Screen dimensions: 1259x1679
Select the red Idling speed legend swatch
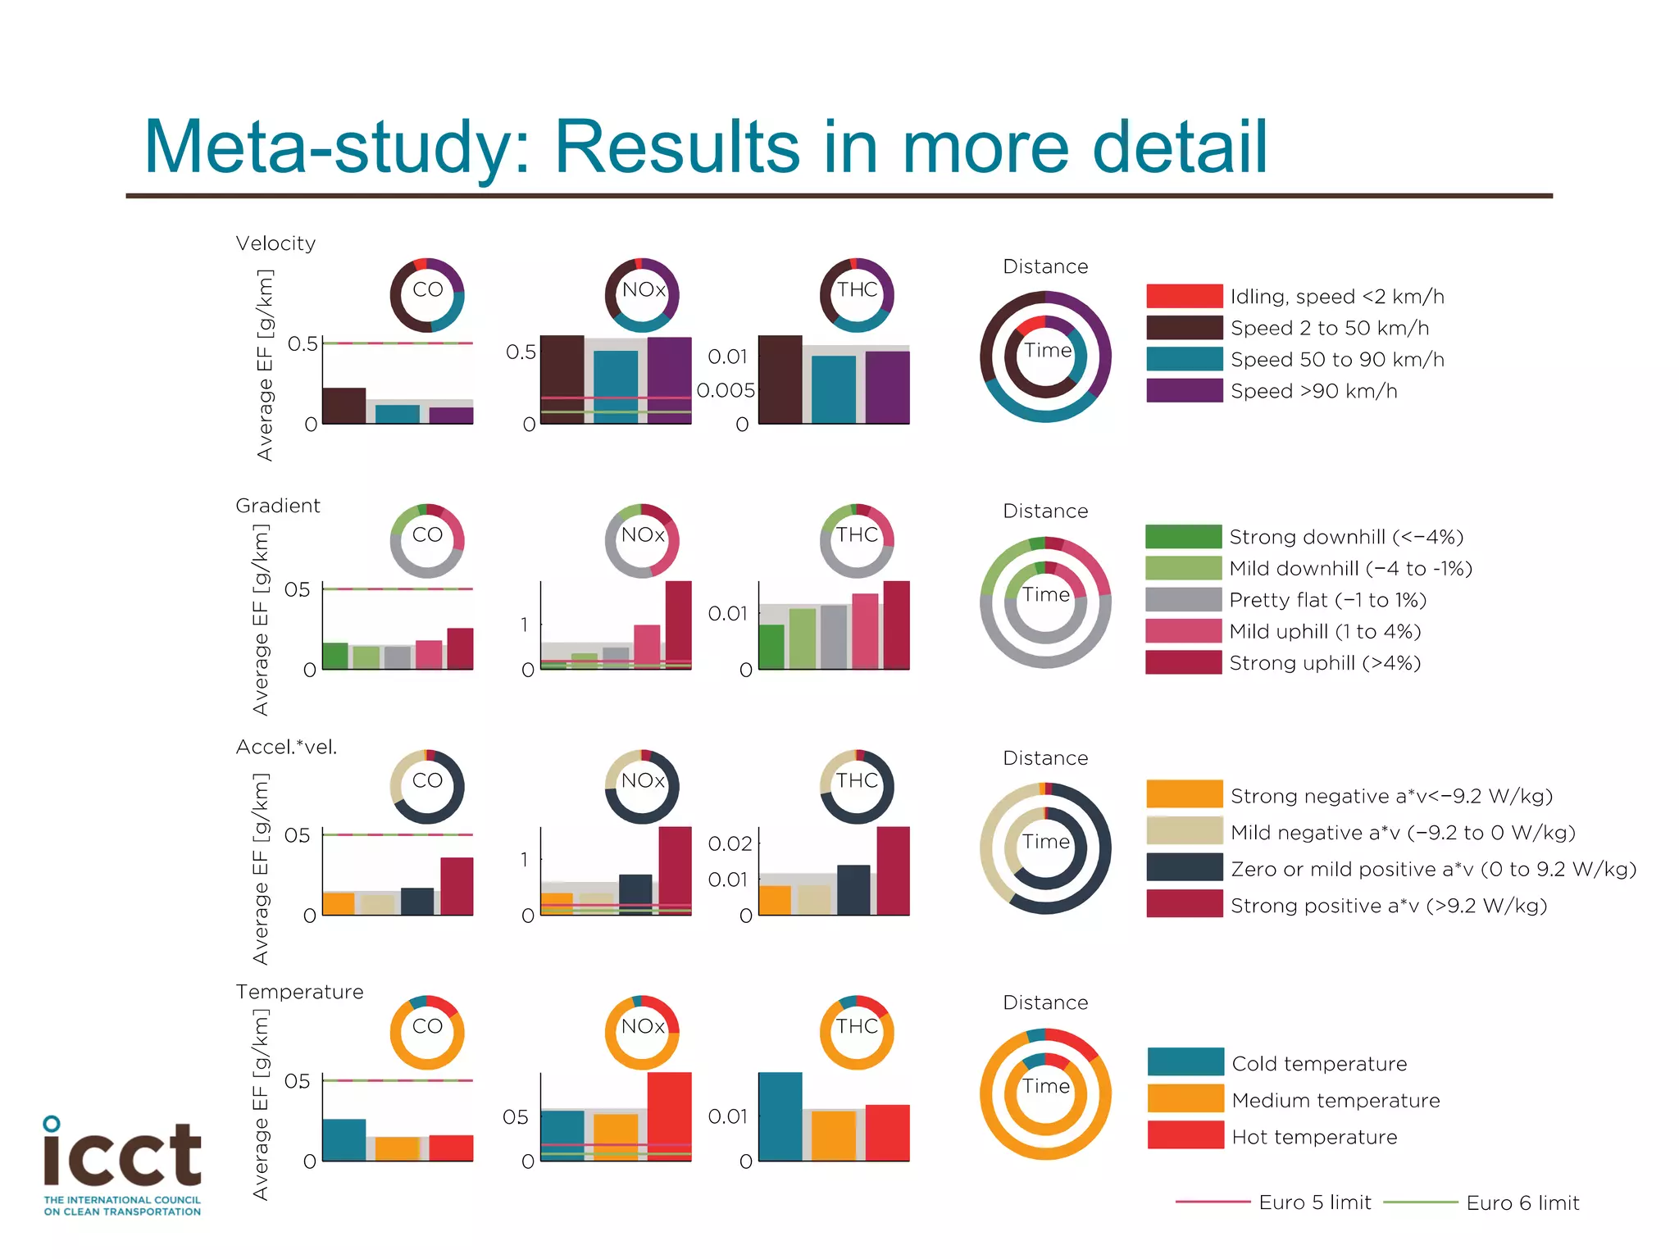point(1184,296)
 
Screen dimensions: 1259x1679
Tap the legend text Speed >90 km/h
point(1313,391)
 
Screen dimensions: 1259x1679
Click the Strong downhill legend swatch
point(1183,536)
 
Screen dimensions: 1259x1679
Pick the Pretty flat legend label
point(1327,600)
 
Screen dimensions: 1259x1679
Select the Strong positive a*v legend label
point(1388,905)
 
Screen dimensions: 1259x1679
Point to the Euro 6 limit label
point(1522,1202)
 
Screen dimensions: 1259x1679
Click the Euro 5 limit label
point(1314,1202)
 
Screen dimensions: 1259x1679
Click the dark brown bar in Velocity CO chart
point(344,406)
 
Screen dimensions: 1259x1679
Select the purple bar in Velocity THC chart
point(887,387)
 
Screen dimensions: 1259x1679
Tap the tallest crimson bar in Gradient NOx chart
point(678,625)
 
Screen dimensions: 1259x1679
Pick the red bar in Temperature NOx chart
point(669,1116)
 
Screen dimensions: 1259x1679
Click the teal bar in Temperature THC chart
point(780,1116)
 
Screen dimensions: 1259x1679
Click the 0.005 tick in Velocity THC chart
point(725,390)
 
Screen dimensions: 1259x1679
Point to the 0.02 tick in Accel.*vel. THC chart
point(729,843)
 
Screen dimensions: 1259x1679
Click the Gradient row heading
point(277,506)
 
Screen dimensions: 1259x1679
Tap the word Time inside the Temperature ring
point(1045,1086)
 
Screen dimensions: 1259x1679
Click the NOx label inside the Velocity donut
point(643,289)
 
